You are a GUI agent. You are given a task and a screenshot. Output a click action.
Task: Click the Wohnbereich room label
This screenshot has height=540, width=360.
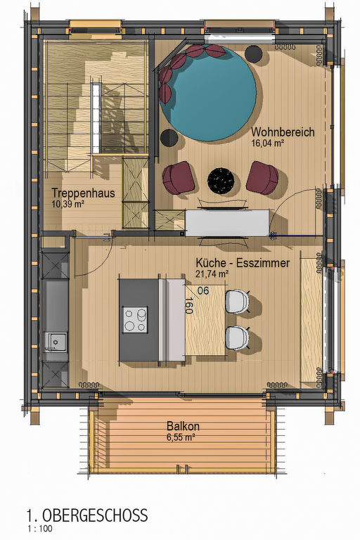tap(283, 132)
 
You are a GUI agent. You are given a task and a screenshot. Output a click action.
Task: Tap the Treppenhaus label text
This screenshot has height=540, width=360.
tap(83, 193)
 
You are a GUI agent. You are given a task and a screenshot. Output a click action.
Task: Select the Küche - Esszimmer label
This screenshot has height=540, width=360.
tap(243, 263)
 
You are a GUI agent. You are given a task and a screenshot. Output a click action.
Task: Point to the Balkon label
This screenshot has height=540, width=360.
tap(183, 426)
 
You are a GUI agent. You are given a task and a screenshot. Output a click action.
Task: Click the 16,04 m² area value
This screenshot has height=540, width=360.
tap(268, 143)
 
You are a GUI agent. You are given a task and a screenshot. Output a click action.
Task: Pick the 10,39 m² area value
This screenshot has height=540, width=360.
tap(68, 204)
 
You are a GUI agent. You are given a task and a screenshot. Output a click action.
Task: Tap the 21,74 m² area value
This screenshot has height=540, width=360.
tap(212, 274)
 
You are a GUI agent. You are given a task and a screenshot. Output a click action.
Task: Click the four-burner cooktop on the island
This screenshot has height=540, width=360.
tap(136, 319)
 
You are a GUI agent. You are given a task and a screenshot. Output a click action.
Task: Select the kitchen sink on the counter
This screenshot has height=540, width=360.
tap(56, 341)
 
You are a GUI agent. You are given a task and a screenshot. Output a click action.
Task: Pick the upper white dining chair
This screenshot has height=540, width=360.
tap(237, 302)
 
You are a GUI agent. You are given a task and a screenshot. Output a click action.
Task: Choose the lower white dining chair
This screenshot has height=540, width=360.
tap(237, 337)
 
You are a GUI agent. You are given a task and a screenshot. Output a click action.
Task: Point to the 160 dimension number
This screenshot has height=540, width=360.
tap(188, 305)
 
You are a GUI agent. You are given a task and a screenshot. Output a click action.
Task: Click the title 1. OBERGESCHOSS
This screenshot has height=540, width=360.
tap(87, 515)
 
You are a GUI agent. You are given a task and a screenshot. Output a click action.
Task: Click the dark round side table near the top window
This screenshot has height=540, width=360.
tap(255, 53)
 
